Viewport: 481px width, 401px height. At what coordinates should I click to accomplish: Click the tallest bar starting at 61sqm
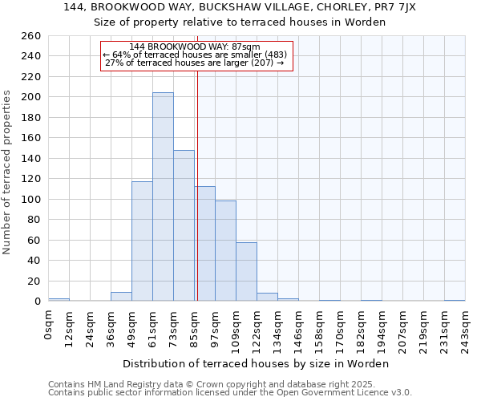163,196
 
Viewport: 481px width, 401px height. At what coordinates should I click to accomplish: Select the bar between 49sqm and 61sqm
142,241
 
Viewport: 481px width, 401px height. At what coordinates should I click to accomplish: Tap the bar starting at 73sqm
184,225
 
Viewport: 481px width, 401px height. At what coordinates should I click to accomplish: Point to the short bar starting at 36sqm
121,297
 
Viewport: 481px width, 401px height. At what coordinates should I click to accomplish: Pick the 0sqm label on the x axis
49,325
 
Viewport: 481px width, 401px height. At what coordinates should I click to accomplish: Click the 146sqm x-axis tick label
298,329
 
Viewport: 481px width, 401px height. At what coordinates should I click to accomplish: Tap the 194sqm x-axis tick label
382,329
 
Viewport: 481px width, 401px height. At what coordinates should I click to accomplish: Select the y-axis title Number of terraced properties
8,172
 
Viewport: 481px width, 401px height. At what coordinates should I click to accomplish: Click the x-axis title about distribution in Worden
257,363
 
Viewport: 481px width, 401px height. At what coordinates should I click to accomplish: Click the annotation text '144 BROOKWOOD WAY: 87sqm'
196,47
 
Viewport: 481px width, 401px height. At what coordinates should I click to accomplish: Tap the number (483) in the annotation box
273,55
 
